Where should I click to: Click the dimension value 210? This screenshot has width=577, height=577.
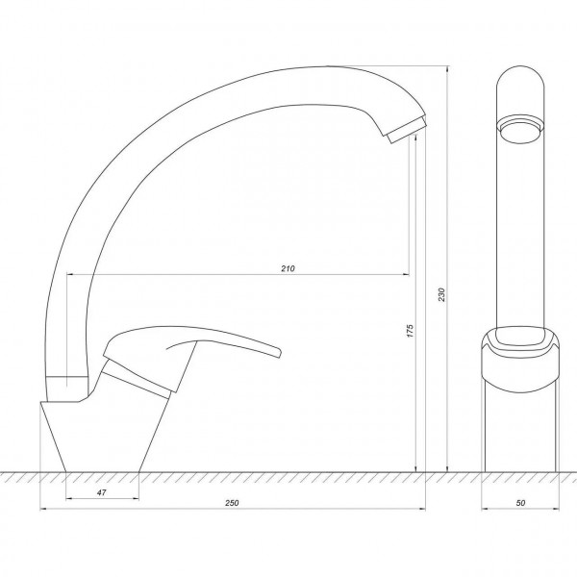coord(288,268)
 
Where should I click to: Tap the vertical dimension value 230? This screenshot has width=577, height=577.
coord(441,294)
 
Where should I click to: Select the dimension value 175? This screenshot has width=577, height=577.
coord(411,331)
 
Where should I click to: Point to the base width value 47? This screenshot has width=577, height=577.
coord(102,492)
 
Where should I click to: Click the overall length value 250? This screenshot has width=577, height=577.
coord(232,503)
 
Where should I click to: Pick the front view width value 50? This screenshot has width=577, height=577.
coord(520,503)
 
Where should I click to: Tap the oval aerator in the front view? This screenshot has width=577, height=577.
coord(520,131)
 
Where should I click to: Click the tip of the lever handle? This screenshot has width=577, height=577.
coord(279,352)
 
